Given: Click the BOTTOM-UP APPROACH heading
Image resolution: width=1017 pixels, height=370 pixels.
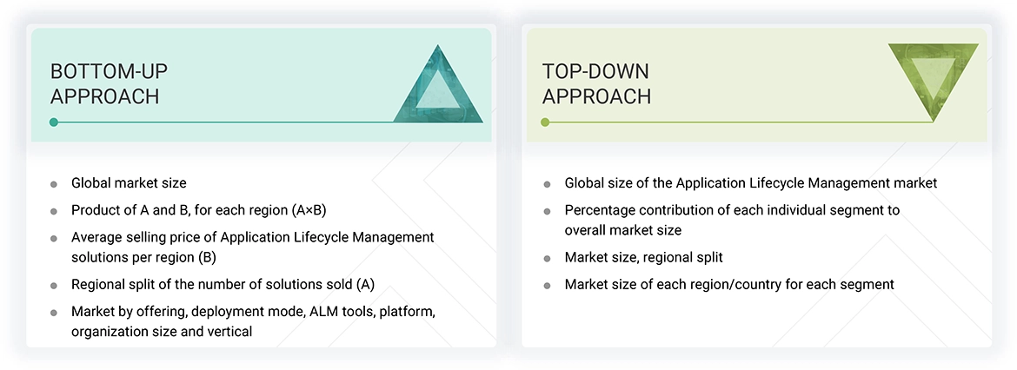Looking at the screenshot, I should click(x=104, y=83).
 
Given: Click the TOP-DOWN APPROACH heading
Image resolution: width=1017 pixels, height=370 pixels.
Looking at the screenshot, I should click(x=596, y=83).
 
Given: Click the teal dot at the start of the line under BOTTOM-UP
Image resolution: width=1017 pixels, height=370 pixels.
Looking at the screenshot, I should click(x=54, y=122).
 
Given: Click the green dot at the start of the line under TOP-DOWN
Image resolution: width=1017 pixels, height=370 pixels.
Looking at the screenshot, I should click(x=545, y=122).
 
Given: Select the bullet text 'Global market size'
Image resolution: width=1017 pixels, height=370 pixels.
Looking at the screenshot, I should click(x=129, y=183).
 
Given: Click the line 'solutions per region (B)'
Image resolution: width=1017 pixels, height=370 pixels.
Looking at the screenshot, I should click(x=143, y=257).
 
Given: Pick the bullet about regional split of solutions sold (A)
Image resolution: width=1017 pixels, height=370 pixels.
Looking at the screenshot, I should click(x=223, y=284).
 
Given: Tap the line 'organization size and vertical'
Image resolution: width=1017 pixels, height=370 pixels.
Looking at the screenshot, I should click(x=162, y=331).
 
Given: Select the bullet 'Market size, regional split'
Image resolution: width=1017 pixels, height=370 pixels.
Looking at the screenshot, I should click(x=643, y=257).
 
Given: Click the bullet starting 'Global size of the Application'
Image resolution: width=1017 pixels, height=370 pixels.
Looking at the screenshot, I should click(x=750, y=183).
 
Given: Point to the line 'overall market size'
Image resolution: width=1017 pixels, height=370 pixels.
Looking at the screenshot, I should click(x=622, y=230).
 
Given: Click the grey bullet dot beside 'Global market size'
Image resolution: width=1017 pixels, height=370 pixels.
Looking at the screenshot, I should click(x=54, y=184).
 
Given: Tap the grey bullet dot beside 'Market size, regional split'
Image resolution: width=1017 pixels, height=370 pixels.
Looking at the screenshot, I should click(x=547, y=258).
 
